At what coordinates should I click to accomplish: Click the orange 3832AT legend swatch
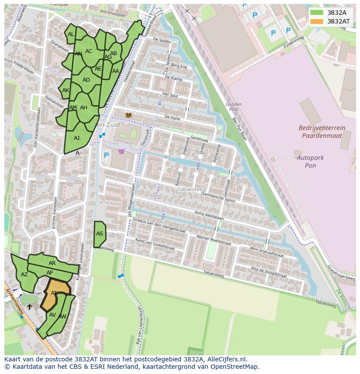[317, 21]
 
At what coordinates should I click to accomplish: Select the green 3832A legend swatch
[317, 13]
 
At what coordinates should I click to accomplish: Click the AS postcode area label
[100, 234]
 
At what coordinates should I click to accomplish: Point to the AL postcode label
[71, 34]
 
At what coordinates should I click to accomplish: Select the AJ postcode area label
[77, 138]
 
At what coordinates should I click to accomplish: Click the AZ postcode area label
[24, 275]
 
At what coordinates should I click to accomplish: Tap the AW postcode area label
[62, 317]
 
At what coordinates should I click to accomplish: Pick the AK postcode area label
[66, 90]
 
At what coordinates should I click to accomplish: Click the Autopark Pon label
[310, 162]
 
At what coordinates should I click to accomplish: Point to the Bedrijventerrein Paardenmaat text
[321, 132]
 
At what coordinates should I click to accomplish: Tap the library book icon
[129, 115]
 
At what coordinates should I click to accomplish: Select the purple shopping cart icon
[121, 152]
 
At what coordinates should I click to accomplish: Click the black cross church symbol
[30, 307]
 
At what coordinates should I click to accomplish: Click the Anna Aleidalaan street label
[209, 215]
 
